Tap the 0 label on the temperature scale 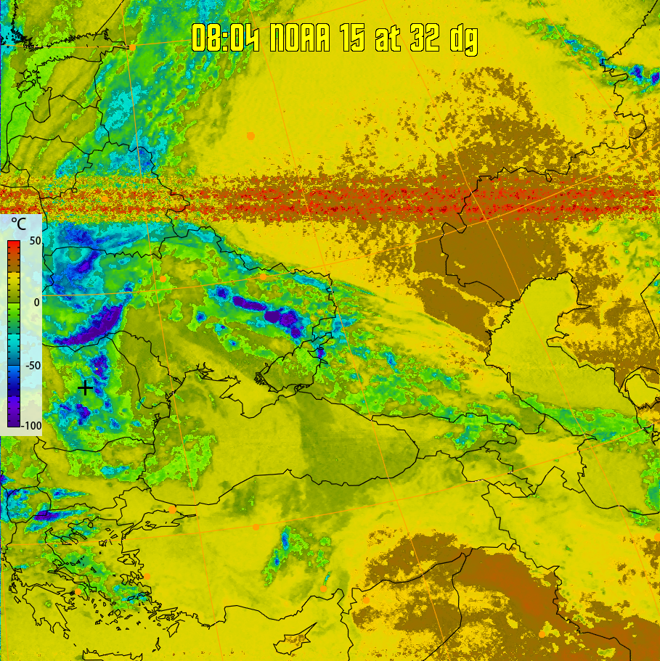pyautogui.click(x=36, y=302)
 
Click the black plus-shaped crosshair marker pyautogui.click(x=85, y=387)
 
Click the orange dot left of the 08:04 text pyautogui.click(x=133, y=47)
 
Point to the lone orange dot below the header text pyautogui.click(x=251, y=136)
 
